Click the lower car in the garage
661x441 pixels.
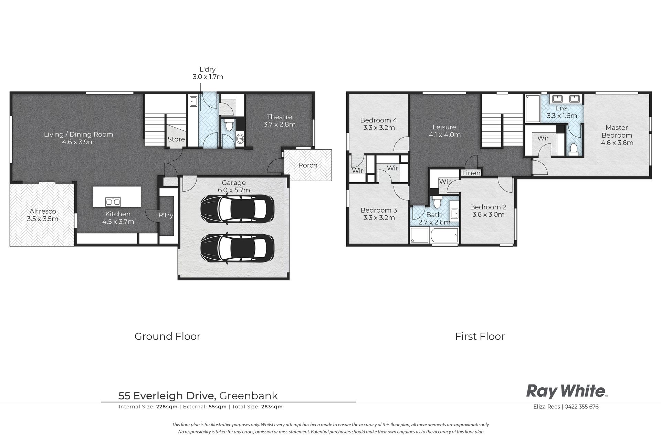click(x=237, y=249)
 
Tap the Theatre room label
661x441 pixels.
click(x=279, y=117)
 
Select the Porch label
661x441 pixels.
click(x=308, y=165)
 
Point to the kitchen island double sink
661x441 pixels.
click(x=113, y=202)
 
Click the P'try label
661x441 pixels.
click(x=166, y=215)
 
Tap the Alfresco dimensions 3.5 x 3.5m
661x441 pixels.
click(x=43, y=219)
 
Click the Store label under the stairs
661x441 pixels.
click(x=176, y=139)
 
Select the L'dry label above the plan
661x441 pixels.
click(x=208, y=69)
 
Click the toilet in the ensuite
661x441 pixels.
click(x=574, y=150)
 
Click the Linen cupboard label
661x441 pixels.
click(x=471, y=173)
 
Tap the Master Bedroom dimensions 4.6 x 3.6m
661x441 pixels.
click(x=617, y=143)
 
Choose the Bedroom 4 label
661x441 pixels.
click(x=379, y=120)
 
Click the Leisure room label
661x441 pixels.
click(x=444, y=127)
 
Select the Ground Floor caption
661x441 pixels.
click(x=167, y=336)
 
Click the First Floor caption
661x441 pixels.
click(x=480, y=336)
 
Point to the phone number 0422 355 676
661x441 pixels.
click(x=581, y=407)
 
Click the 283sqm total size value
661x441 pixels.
click(x=272, y=407)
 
